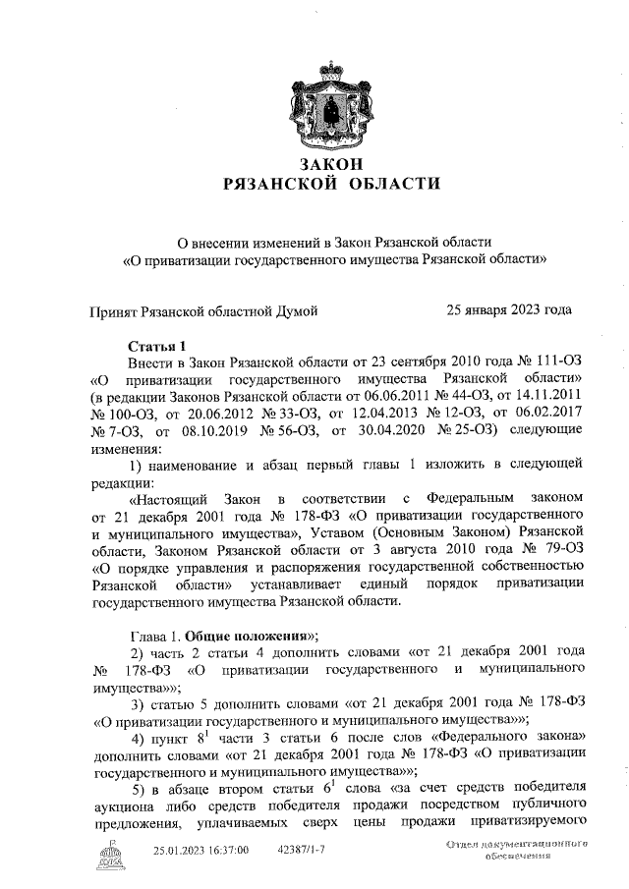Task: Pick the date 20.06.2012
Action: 231,412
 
